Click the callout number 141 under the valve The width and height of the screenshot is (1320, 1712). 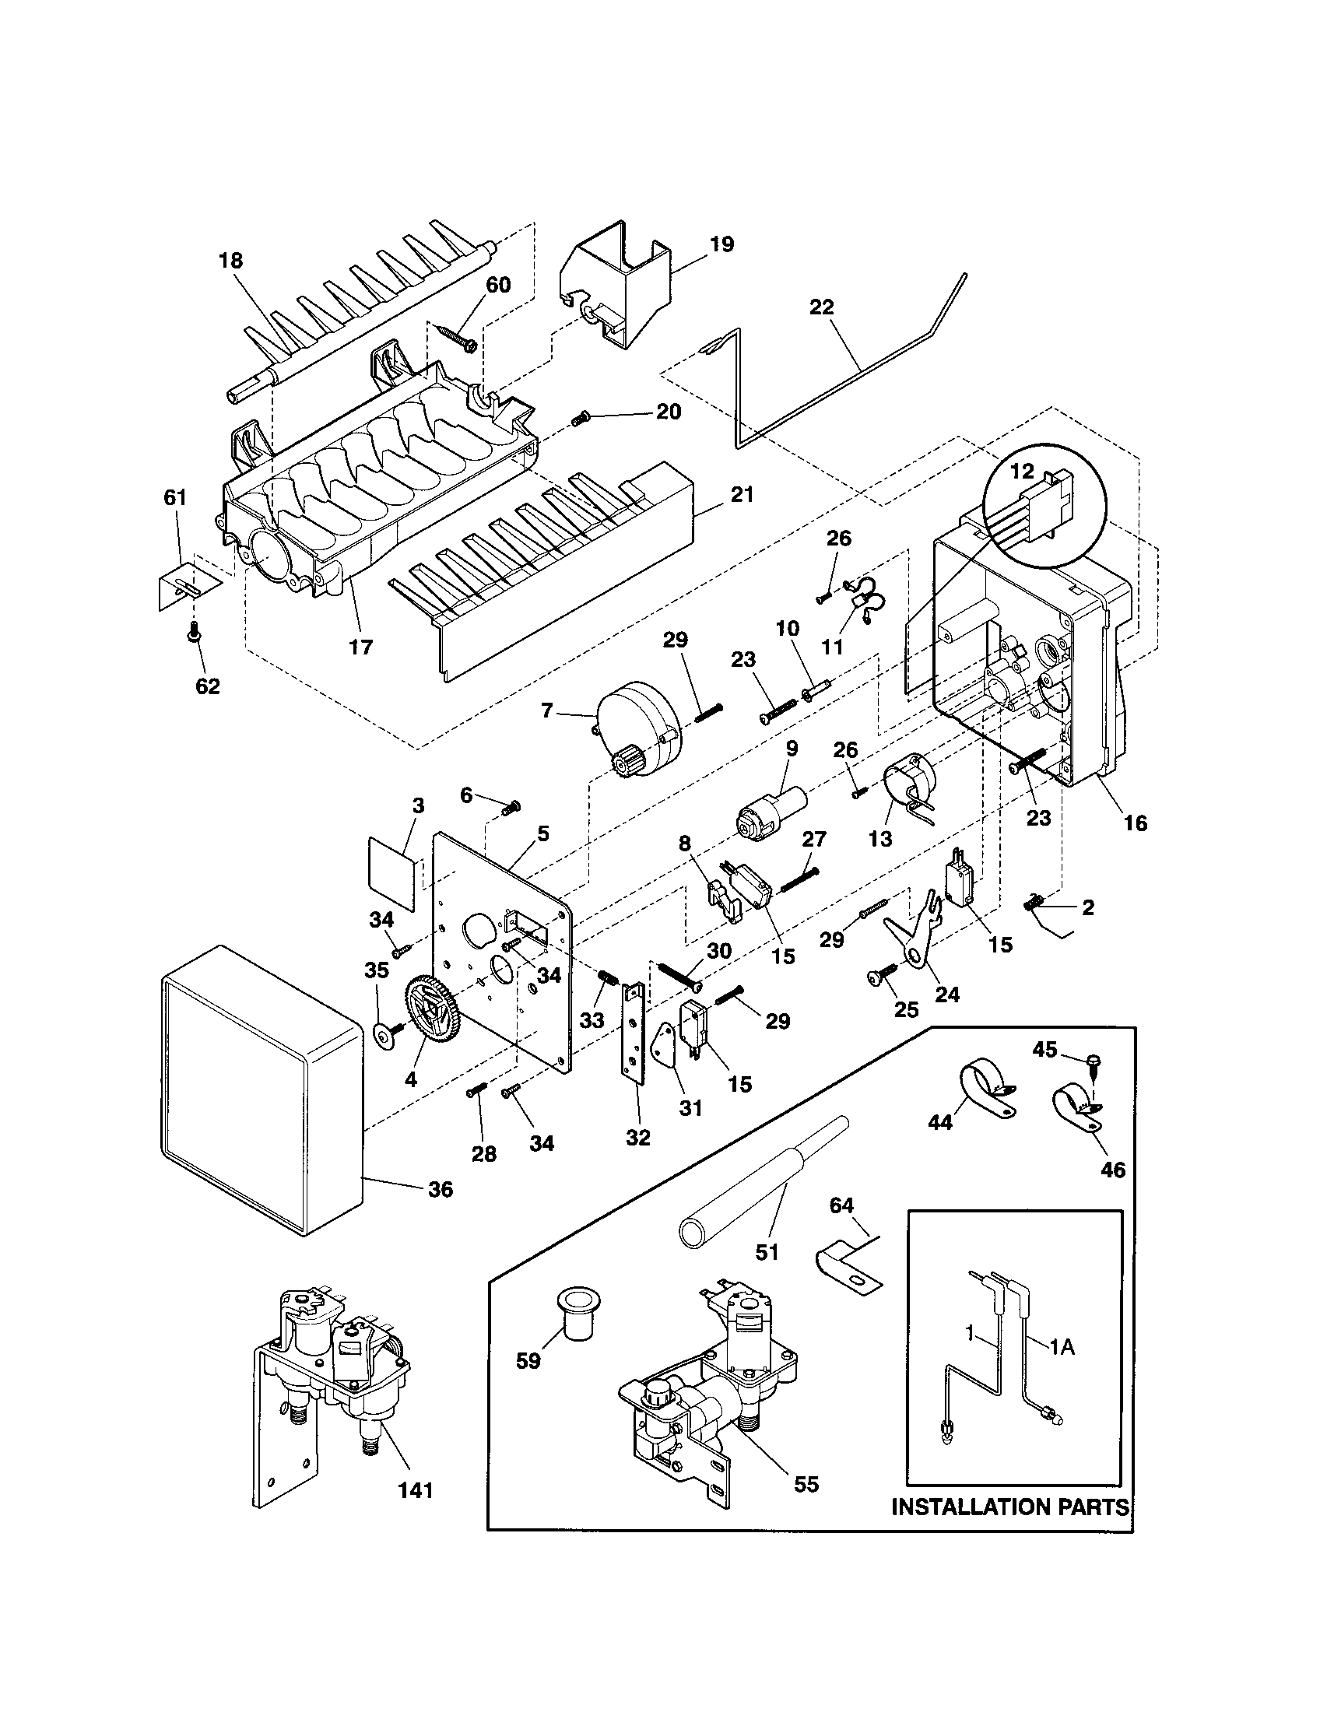point(415,1490)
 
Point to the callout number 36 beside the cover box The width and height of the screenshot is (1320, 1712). point(441,1190)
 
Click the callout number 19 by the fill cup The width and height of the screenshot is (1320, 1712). point(721,244)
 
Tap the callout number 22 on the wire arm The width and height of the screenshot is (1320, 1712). point(820,307)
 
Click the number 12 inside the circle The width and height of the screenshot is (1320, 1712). point(1022,471)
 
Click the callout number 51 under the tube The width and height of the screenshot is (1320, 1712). point(767,1253)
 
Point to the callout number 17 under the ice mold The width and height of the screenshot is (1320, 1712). point(360,647)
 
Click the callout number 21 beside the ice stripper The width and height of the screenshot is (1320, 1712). point(742,495)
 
